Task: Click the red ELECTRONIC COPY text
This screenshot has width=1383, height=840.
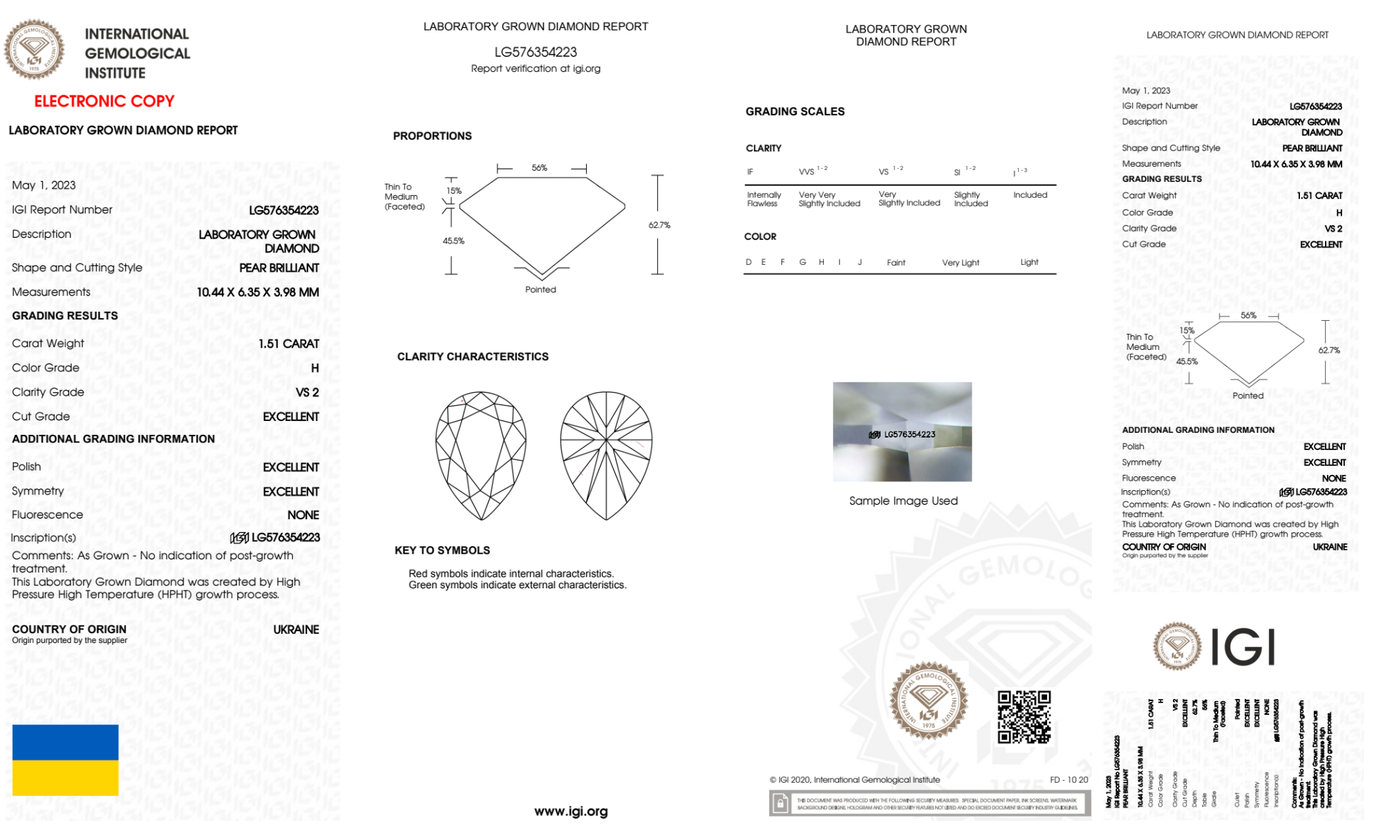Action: coord(104,102)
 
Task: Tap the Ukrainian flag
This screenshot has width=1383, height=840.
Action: coord(66,760)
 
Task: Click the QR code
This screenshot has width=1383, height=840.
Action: coord(1024,717)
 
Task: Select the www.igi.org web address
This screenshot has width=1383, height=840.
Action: coord(571,811)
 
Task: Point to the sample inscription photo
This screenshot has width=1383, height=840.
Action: coord(902,431)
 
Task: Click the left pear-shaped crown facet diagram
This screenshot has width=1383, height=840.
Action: coord(481,455)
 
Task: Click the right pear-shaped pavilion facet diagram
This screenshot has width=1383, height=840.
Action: coord(606,455)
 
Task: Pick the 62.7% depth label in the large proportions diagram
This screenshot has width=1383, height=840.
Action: coord(659,225)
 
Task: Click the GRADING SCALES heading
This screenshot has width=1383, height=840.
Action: coord(795,111)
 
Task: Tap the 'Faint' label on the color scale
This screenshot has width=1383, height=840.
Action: coord(896,263)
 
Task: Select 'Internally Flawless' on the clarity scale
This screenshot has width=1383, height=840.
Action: coord(764,199)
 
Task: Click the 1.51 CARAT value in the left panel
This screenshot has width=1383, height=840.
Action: coord(289,344)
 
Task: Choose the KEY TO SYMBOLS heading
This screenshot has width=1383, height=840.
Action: coord(442,550)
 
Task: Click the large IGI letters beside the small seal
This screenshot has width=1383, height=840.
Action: coord(1243,648)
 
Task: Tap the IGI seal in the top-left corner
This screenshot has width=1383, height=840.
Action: coord(34,49)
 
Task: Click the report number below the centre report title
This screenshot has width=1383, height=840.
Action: coord(536,52)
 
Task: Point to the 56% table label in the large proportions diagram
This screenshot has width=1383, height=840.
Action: coord(539,168)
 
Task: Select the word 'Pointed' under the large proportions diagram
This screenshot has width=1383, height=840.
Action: coord(540,290)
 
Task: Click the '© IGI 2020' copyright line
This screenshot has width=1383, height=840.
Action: coord(855,780)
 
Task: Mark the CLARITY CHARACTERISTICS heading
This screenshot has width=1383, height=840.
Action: coord(473,357)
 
